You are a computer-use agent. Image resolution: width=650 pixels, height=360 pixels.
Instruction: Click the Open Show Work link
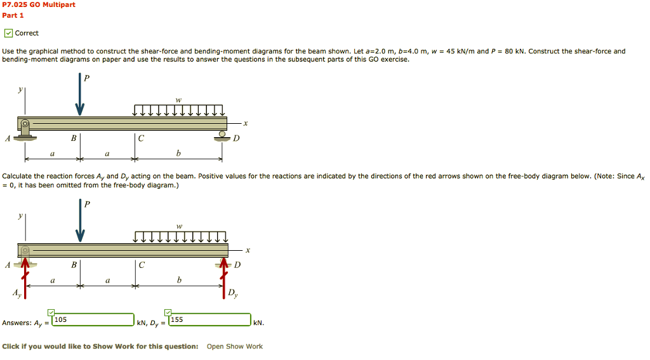[x=234, y=347]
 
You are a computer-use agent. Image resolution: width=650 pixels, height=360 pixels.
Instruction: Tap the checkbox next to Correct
[x=8, y=33]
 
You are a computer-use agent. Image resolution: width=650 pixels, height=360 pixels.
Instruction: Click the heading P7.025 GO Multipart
[x=39, y=4]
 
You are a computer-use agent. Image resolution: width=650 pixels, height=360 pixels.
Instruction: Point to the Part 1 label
[x=13, y=15]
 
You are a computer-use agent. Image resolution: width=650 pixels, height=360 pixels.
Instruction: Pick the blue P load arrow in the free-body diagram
[x=80, y=222]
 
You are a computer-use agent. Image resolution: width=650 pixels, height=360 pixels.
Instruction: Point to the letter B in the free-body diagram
[x=74, y=265]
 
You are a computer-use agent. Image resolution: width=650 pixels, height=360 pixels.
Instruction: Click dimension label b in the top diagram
[x=178, y=154]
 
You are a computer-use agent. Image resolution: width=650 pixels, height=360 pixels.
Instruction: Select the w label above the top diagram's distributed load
[x=178, y=99]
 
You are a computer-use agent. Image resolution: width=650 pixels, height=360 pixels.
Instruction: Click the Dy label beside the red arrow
[x=234, y=293]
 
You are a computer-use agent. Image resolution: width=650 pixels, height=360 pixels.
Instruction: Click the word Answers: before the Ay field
[x=17, y=323]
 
